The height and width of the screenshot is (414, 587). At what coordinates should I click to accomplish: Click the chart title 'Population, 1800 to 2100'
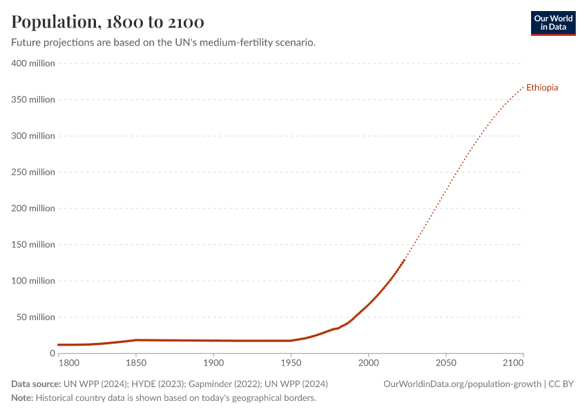[x=108, y=22]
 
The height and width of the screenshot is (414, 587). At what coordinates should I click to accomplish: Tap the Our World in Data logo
[x=552, y=23]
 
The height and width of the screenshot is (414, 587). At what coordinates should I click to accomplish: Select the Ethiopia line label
[x=542, y=88]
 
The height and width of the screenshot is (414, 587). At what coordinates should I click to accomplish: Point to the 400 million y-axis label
[x=32, y=63]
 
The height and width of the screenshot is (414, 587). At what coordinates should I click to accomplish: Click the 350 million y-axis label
[x=32, y=99]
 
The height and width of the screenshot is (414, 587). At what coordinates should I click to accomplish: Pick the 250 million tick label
[x=32, y=172]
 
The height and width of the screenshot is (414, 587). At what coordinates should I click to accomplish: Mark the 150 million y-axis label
[x=32, y=244]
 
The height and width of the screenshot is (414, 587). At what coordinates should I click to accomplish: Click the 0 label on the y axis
[x=52, y=353]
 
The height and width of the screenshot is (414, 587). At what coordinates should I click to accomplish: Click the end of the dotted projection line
[x=523, y=88]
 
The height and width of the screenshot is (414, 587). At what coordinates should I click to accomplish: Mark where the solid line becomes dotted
[x=405, y=259]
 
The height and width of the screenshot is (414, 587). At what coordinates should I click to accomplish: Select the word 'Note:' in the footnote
[x=22, y=398]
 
